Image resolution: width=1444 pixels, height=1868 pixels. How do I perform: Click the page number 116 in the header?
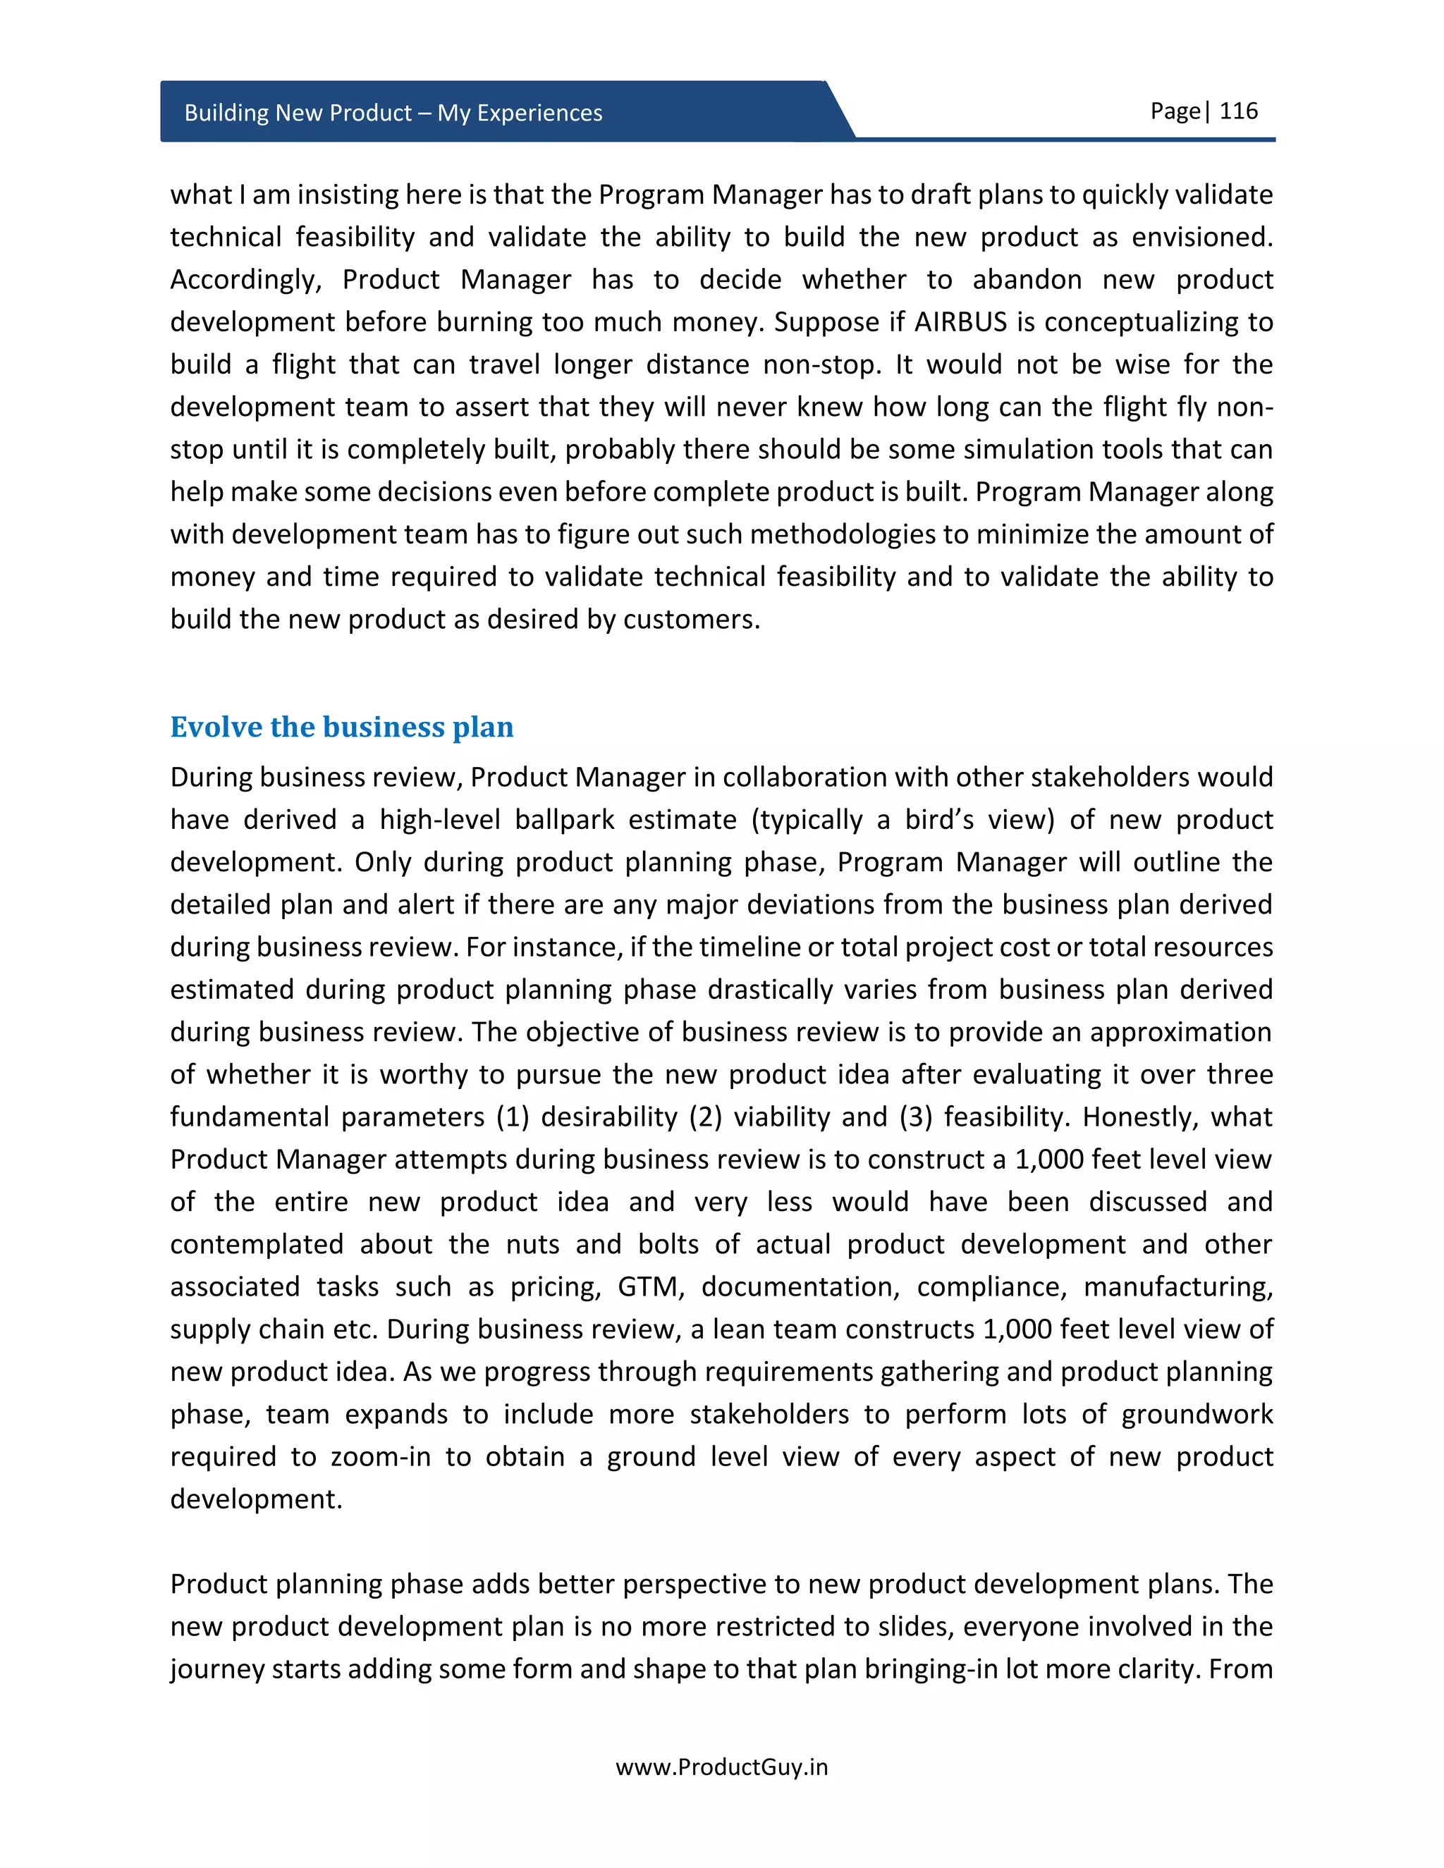(1238, 111)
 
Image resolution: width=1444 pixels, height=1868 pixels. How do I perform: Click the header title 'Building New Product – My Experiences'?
(393, 113)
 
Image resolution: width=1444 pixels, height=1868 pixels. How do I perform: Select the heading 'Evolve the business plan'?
(341, 727)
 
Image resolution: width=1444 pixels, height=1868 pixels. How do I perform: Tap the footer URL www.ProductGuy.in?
(721, 1767)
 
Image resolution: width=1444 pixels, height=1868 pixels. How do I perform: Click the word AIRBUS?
(961, 322)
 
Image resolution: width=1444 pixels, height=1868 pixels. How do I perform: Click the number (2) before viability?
(705, 1117)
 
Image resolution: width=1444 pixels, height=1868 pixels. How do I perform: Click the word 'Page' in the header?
(1175, 111)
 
